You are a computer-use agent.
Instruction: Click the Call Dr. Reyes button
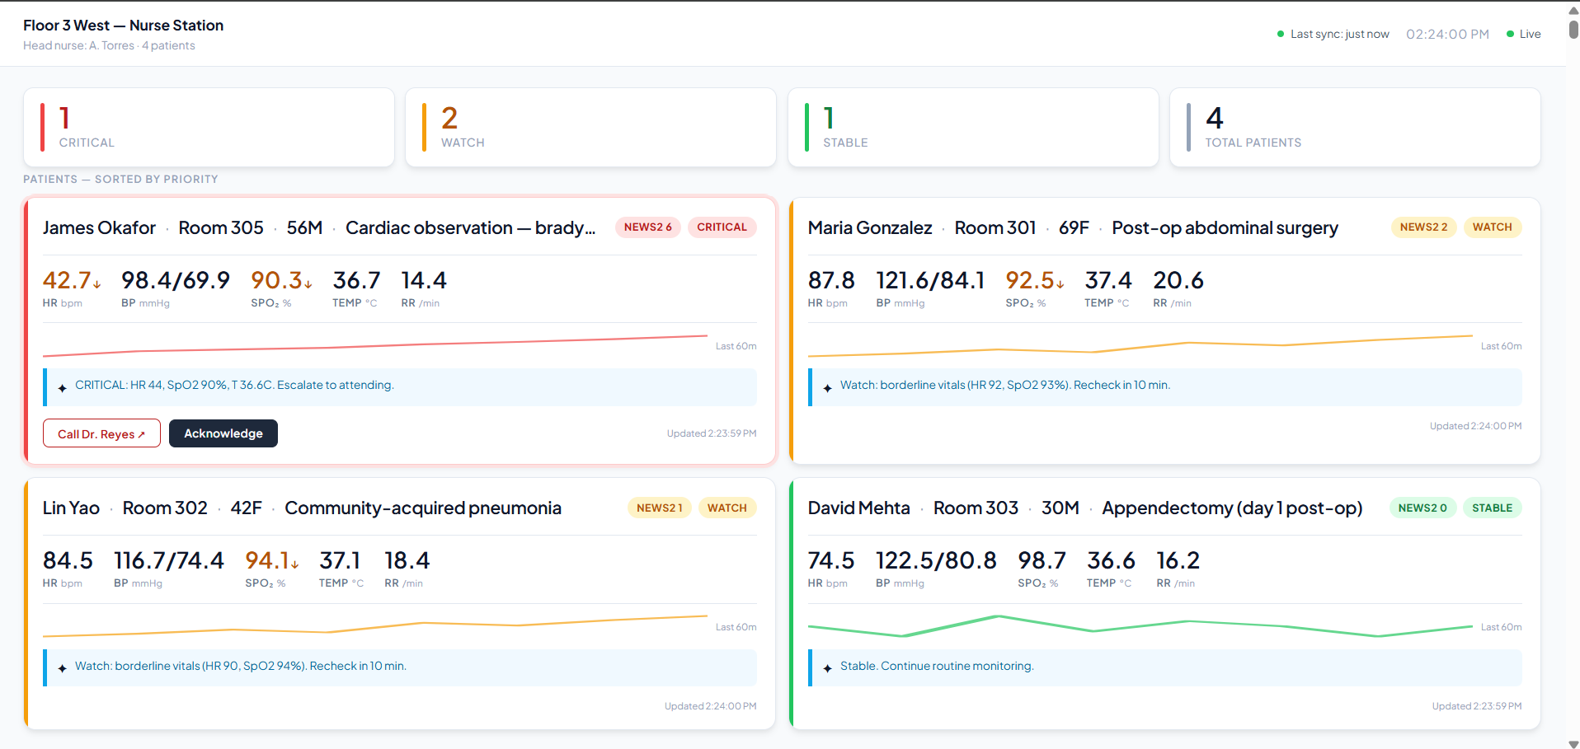point(101,433)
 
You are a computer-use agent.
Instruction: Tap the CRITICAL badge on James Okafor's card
point(722,227)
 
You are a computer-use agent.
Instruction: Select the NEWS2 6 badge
point(647,227)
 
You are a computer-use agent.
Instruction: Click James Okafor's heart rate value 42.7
point(67,281)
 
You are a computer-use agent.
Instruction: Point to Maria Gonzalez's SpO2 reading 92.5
point(1030,281)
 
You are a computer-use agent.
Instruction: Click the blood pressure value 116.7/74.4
point(168,561)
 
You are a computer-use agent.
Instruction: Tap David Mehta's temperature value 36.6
point(1111,561)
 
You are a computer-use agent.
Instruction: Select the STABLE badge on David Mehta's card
point(1492,508)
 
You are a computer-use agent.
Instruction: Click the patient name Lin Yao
point(71,508)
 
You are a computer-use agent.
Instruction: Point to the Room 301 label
point(995,228)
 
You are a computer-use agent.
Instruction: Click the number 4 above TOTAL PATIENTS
point(1214,119)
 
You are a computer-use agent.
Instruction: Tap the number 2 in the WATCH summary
point(449,119)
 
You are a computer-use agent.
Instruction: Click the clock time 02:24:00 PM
point(1447,35)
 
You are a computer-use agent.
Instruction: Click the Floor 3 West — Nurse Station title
point(124,26)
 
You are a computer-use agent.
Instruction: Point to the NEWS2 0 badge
point(1422,508)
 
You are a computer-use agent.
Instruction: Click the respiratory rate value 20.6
point(1178,281)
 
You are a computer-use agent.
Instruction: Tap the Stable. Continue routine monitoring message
point(937,666)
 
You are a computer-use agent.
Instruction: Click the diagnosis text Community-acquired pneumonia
point(423,508)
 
